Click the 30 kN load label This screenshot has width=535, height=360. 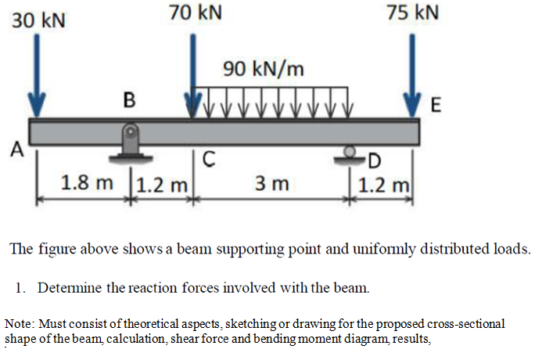point(38,20)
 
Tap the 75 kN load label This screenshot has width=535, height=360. point(413,13)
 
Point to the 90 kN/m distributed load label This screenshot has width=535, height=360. point(263,69)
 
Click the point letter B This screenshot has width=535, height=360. point(130,100)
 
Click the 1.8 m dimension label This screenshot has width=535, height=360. point(86,185)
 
